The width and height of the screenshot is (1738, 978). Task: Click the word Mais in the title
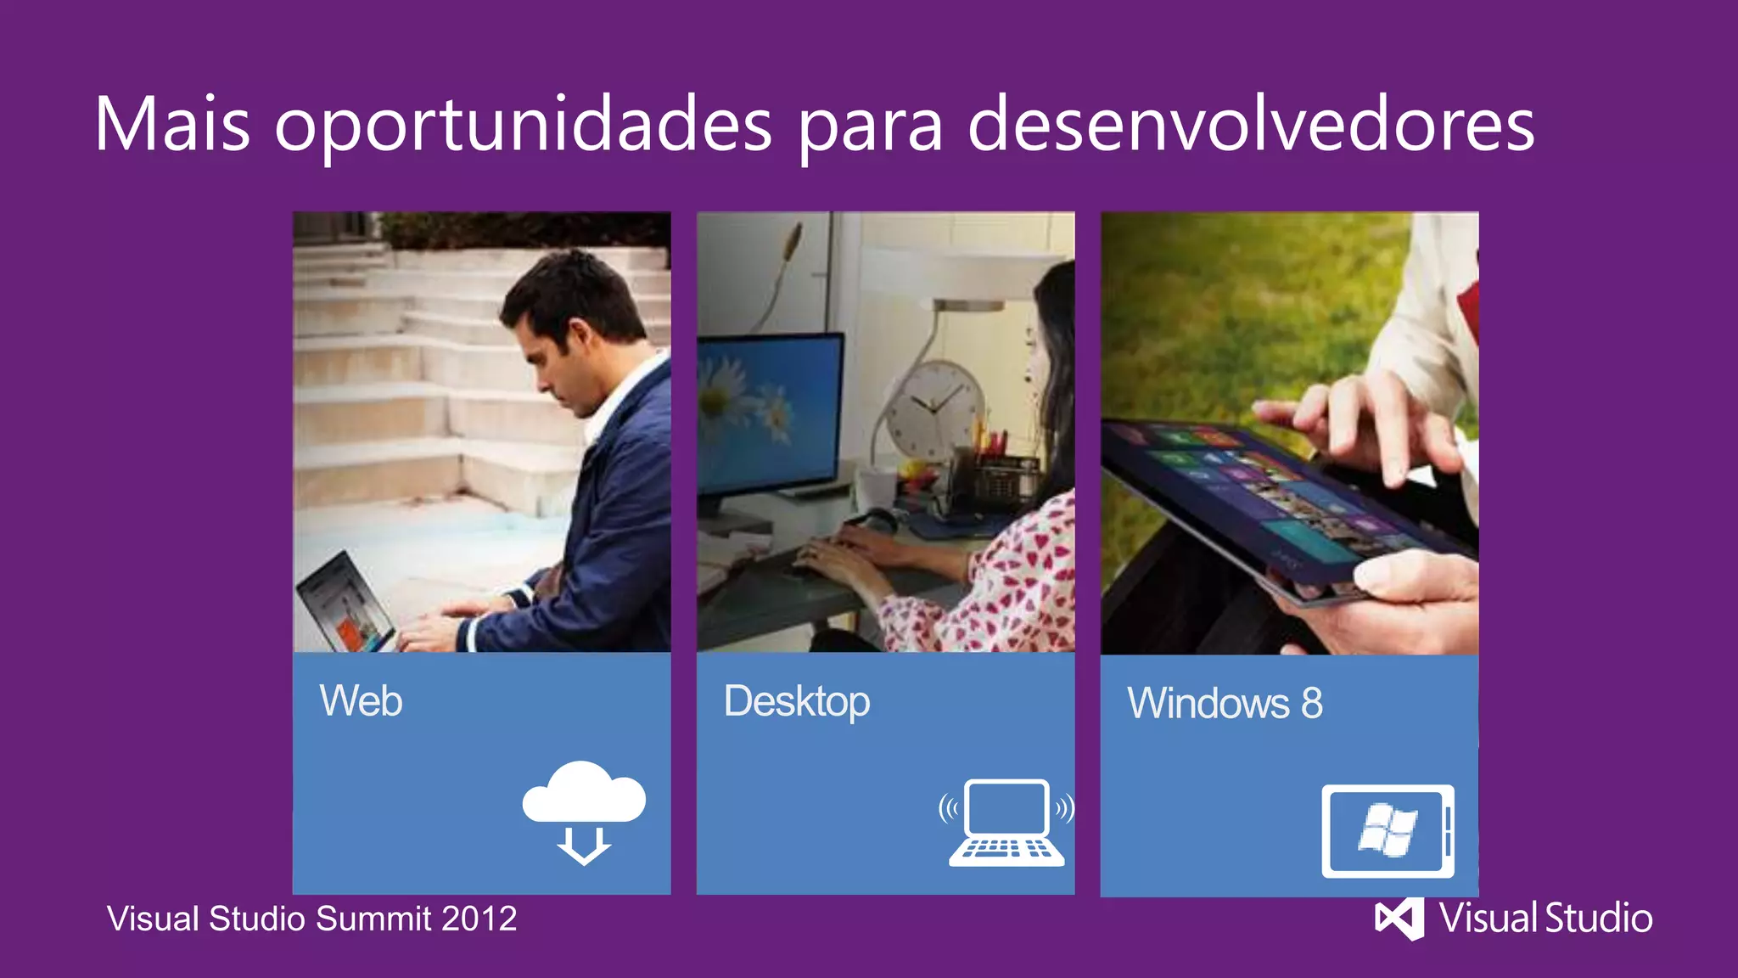(172, 124)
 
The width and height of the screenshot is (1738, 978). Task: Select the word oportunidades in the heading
(523, 126)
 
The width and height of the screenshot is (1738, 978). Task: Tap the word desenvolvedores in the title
(1250, 124)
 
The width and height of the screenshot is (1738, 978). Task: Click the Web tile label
(361, 701)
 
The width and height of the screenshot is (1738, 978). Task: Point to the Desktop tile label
(796, 702)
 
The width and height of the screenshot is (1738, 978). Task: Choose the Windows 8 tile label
(1225, 704)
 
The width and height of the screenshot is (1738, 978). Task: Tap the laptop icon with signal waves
(1006, 822)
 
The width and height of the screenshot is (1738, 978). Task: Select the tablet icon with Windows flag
(1388, 831)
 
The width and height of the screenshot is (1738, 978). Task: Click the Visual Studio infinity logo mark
(1399, 919)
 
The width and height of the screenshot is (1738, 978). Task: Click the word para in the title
(870, 126)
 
